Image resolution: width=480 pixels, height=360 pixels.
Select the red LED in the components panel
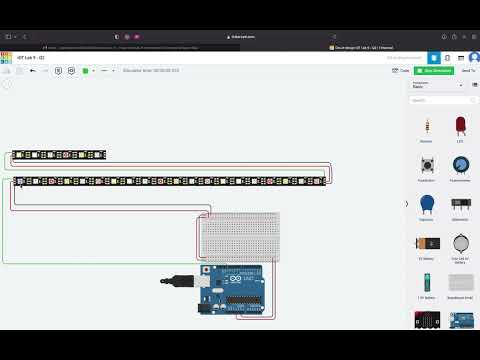(461, 126)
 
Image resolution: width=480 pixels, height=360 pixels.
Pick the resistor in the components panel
(427, 127)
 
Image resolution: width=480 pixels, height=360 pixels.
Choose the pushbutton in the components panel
(427, 165)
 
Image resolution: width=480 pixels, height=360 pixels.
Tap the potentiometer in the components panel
(461, 165)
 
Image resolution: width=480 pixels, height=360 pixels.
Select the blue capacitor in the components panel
(427, 204)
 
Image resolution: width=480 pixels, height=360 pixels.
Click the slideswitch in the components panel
(461, 204)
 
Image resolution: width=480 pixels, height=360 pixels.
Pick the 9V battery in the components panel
(427, 243)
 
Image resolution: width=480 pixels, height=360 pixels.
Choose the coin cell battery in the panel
(461, 243)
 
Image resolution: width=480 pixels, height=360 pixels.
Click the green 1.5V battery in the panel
(427, 282)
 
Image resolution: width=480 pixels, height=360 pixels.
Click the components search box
(440, 100)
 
